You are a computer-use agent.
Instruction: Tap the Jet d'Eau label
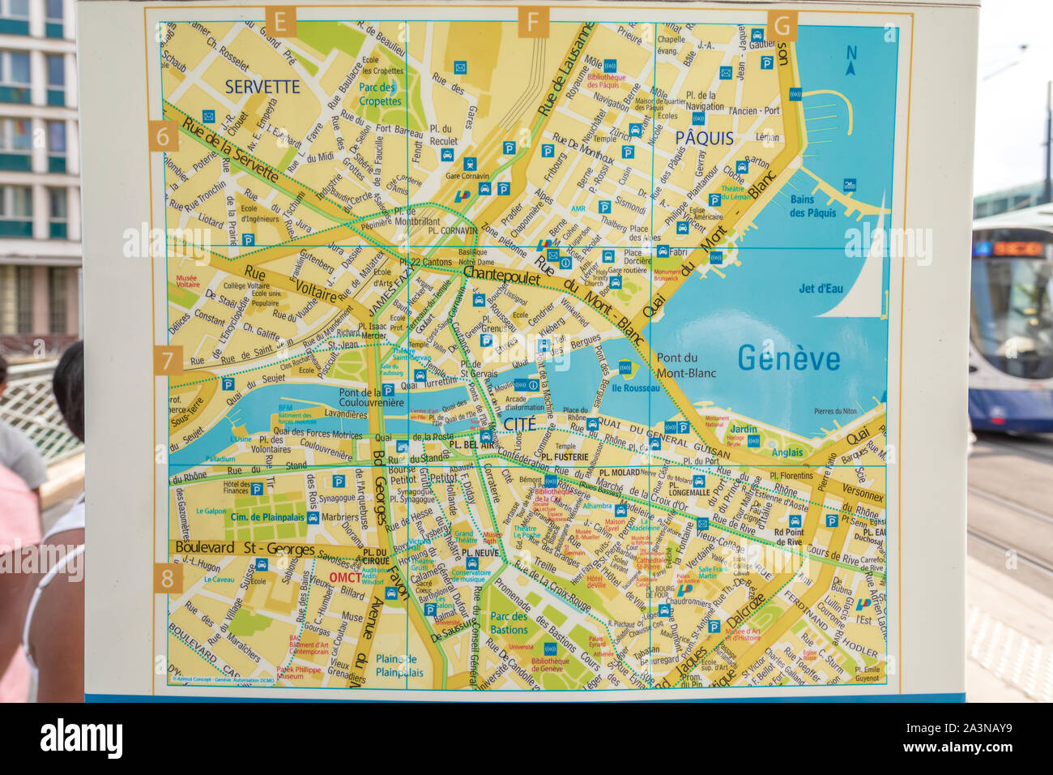pyautogui.click(x=820, y=288)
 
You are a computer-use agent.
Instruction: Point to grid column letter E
pyautogui.click(x=280, y=22)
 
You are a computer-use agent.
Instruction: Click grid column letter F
pyautogui.click(x=532, y=22)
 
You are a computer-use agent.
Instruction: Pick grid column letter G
pyautogui.click(x=782, y=24)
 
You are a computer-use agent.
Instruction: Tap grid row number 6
pyautogui.click(x=163, y=136)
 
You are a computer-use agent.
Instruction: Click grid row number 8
pyautogui.click(x=168, y=578)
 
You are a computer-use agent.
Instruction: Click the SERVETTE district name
pyautogui.click(x=262, y=86)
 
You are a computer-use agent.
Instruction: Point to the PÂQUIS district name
pyautogui.click(x=704, y=138)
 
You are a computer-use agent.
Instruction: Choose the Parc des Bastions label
pyautogui.click(x=509, y=623)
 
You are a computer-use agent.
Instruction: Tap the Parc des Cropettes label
pyautogui.click(x=380, y=94)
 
